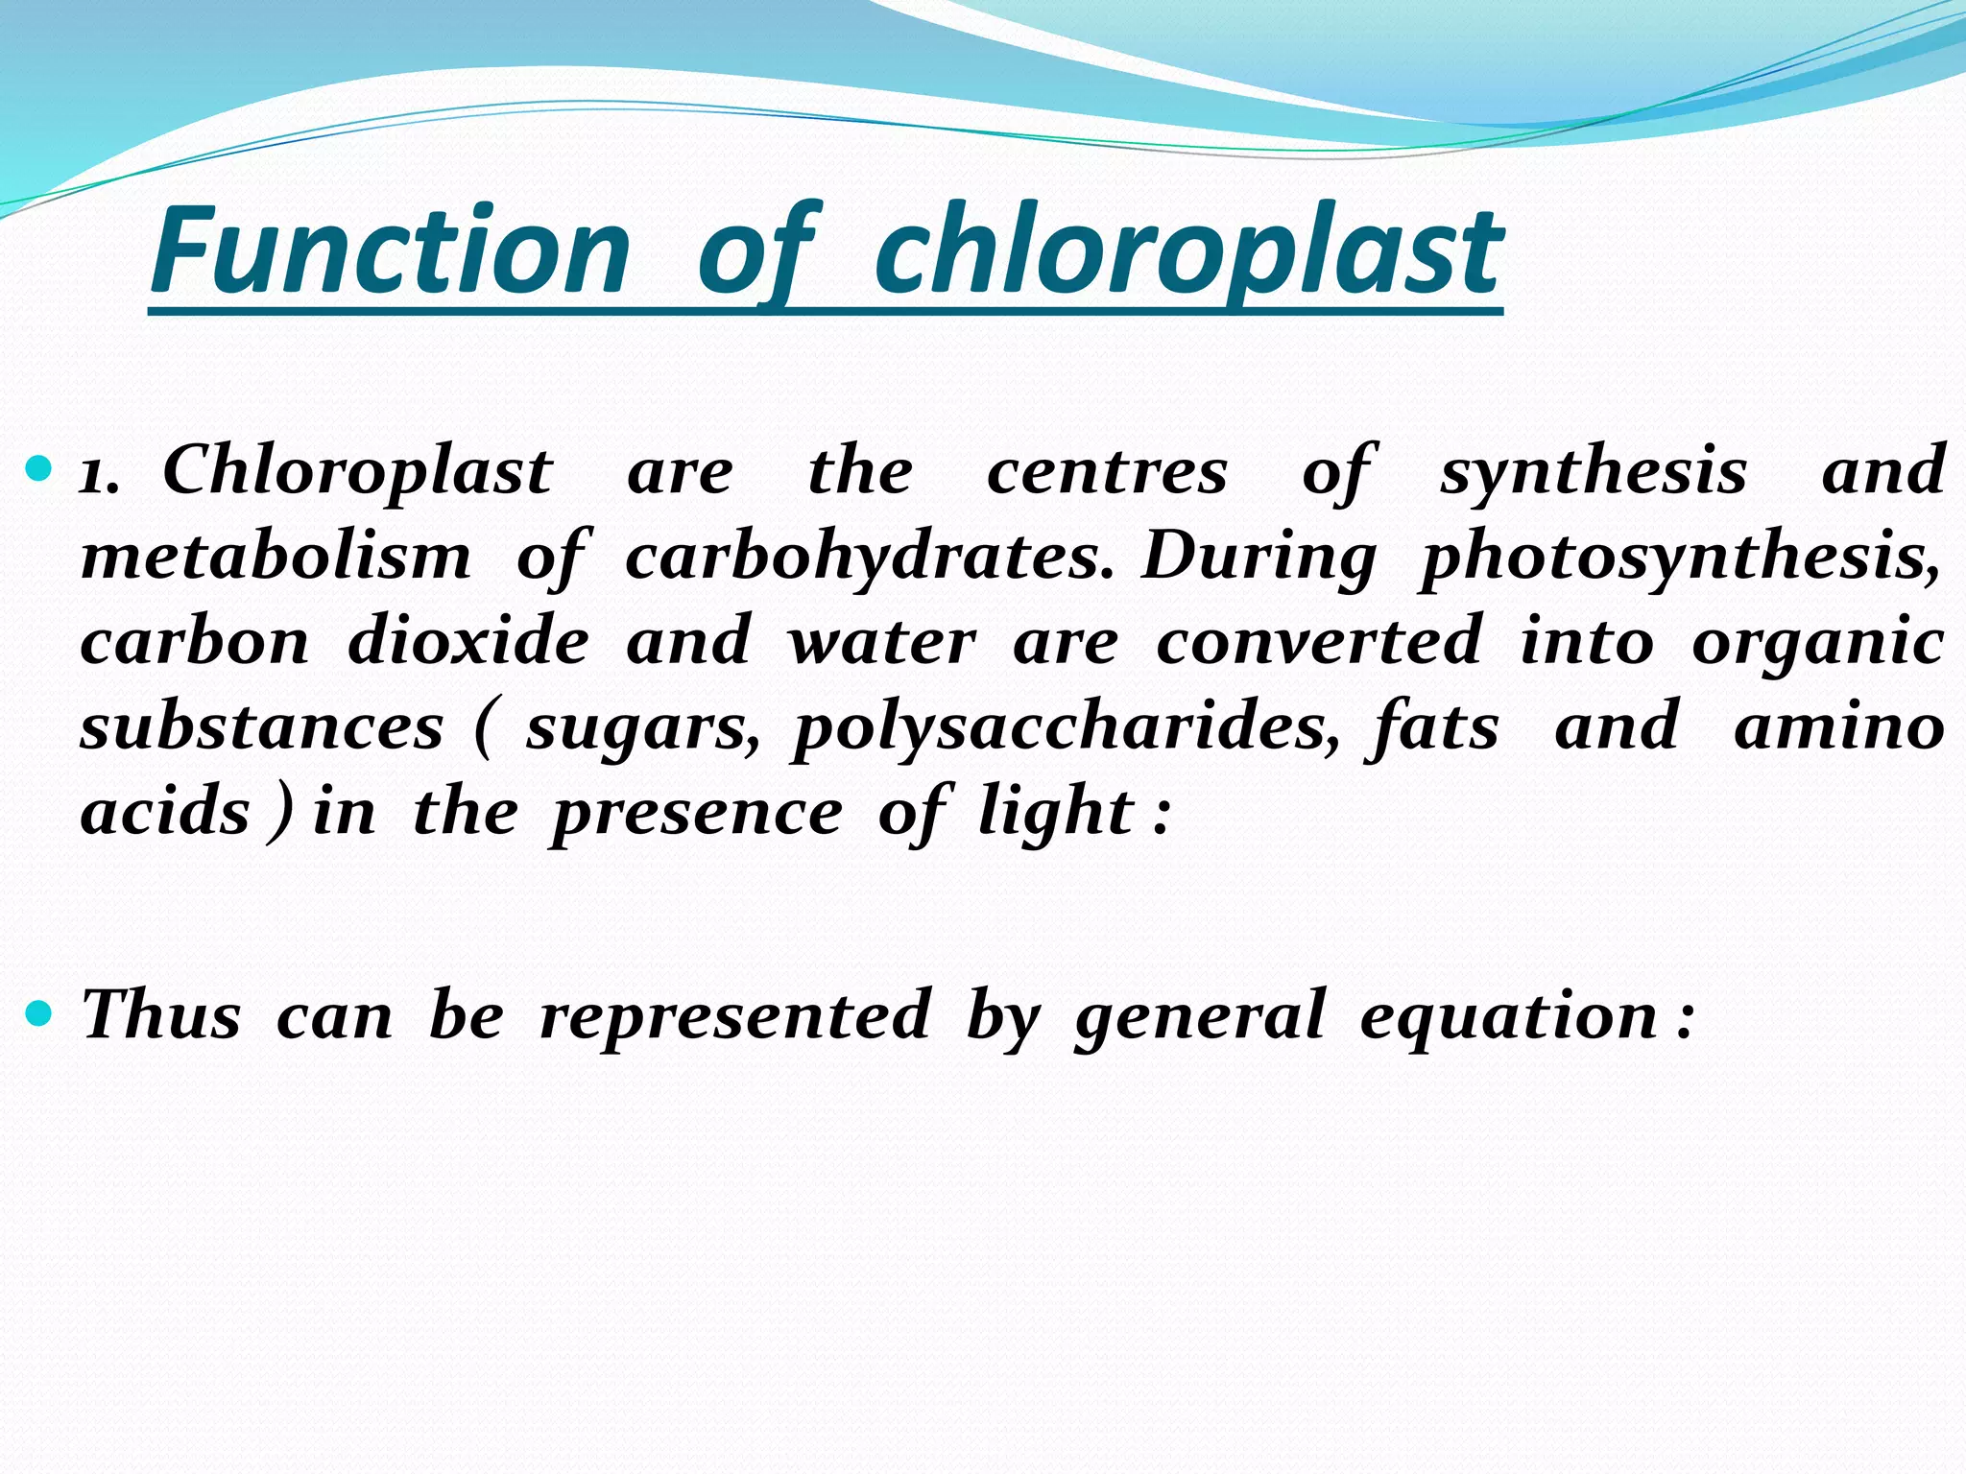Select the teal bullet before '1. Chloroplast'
(x=40, y=470)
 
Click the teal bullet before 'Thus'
(x=40, y=1013)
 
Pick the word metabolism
(x=276, y=557)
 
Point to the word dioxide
(x=468, y=641)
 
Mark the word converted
(x=1319, y=641)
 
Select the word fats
(x=1432, y=727)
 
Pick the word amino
(x=1839, y=727)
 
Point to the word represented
(x=735, y=1015)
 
